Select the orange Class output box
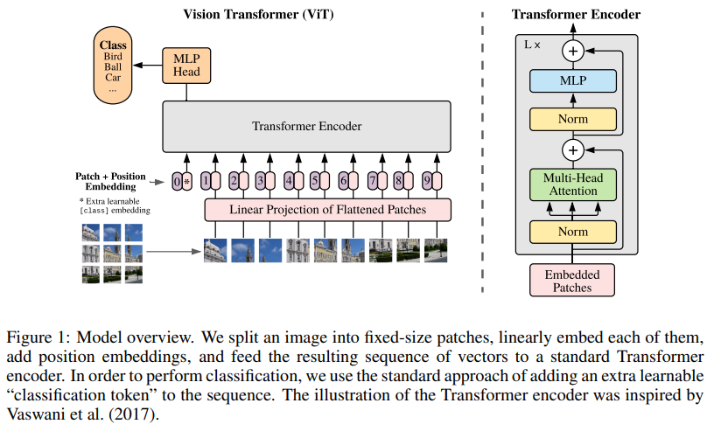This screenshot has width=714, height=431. point(112,66)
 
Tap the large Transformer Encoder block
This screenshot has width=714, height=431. point(306,127)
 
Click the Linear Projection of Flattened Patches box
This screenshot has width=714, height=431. point(327,210)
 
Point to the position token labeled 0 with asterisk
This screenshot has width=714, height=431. point(181,182)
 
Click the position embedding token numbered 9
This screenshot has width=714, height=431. point(430,182)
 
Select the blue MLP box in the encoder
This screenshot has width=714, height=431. point(573,81)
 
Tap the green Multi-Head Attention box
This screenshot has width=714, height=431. point(573,184)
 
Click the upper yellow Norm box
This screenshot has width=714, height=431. point(573,119)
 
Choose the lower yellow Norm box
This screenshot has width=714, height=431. point(573,232)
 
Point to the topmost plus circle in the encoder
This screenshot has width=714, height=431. point(573,51)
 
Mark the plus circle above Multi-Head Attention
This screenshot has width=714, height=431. point(573,150)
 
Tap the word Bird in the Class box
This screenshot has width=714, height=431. point(112,57)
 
